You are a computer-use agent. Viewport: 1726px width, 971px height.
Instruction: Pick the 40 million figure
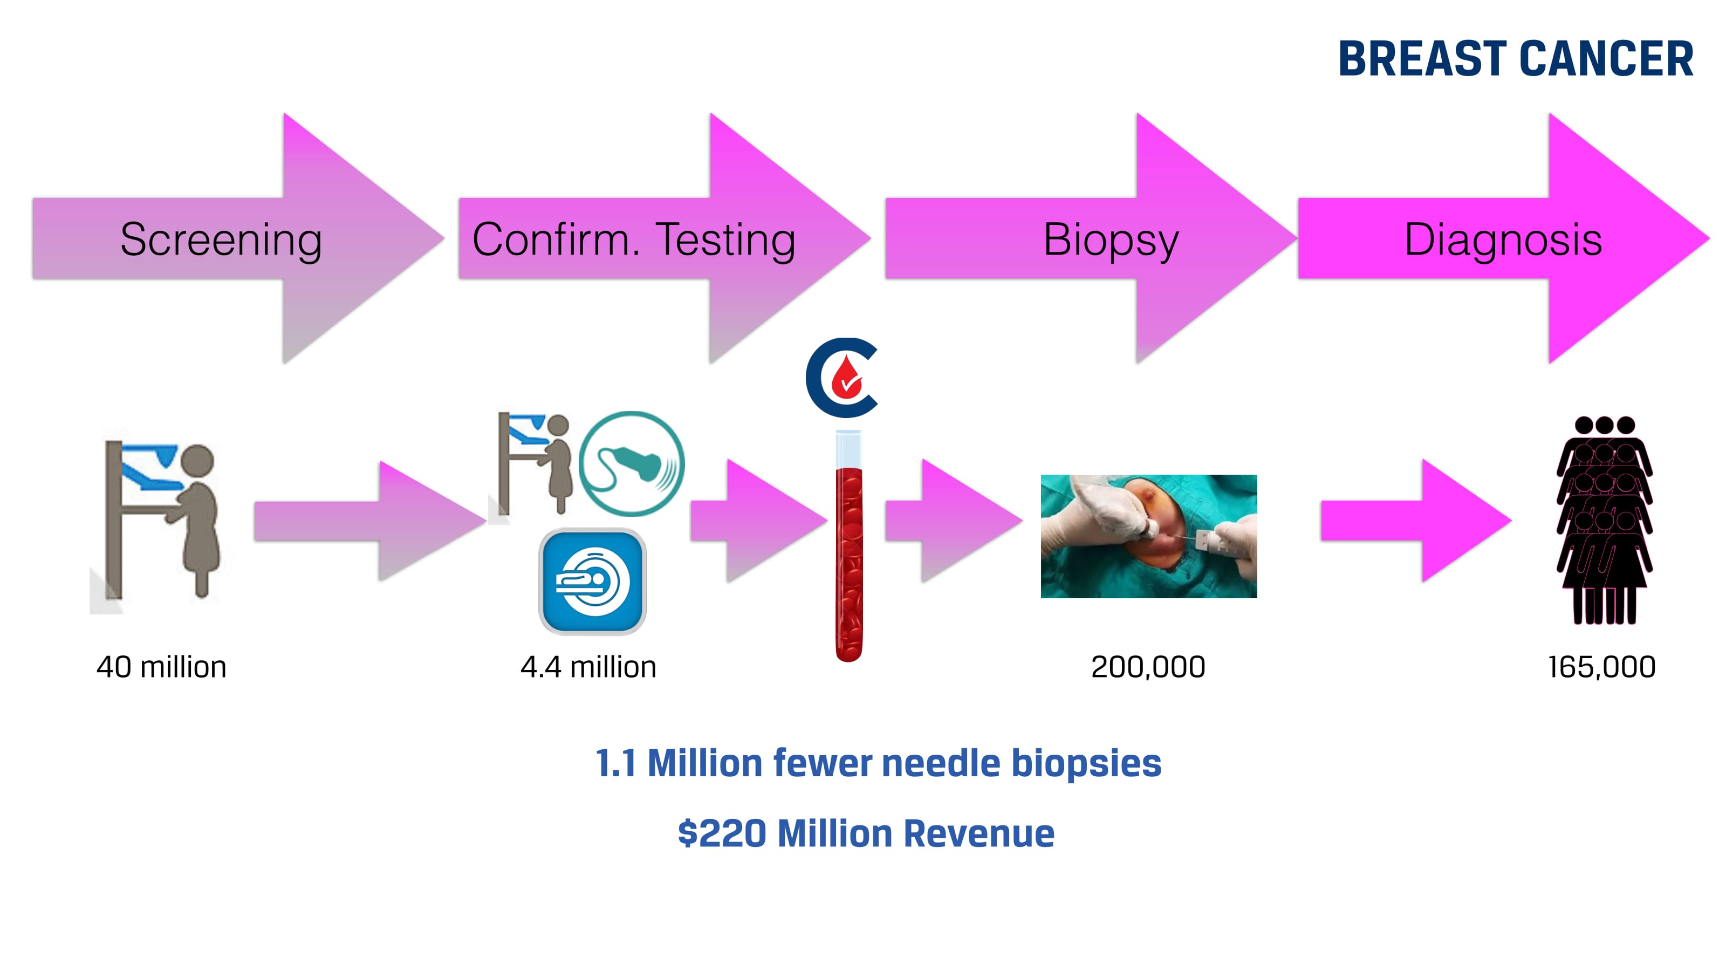[161, 667]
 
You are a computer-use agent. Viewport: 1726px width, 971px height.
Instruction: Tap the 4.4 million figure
[588, 667]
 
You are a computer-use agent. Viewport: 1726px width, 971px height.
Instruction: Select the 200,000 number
[1148, 667]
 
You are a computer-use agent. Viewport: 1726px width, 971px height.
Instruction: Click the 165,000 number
[1601, 667]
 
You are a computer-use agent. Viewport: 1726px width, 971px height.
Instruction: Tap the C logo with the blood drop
[842, 378]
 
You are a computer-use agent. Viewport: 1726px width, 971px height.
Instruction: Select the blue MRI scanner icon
[592, 581]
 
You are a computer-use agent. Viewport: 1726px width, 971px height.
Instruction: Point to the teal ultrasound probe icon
[631, 464]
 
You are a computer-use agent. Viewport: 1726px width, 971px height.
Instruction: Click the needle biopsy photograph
[1148, 536]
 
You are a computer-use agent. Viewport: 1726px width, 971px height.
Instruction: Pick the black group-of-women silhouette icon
[1604, 520]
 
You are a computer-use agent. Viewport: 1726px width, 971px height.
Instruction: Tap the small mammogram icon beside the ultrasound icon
[535, 464]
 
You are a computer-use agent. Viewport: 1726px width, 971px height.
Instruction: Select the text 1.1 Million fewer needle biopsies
[878, 763]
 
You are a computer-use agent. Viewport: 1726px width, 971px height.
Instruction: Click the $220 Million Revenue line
[866, 833]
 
